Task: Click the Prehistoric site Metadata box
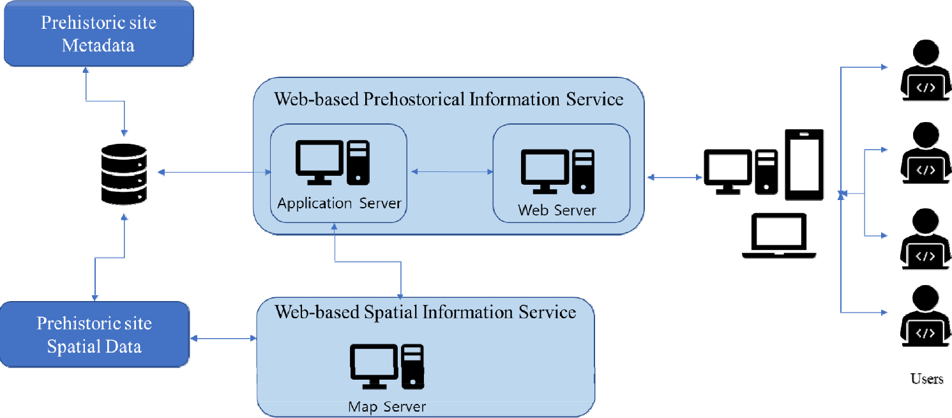coord(98,34)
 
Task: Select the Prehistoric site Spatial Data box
coord(94,334)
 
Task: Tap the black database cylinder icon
coord(124,174)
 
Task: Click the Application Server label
coord(339,203)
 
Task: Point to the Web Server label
coord(557,210)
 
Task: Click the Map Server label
coord(387,406)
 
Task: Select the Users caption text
coord(926,378)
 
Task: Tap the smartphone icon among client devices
coord(804,164)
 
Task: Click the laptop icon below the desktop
coord(778,236)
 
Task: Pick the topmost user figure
coord(925,70)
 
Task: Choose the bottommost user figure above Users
coord(925,316)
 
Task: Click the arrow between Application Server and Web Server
coord(452,171)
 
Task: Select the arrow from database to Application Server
coord(214,172)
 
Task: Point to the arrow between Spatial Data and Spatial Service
coord(223,339)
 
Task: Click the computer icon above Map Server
coord(387,366)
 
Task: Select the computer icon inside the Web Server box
coord(557,172)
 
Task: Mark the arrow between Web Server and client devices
coord(674,177)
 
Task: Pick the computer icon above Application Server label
coord(333,162)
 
